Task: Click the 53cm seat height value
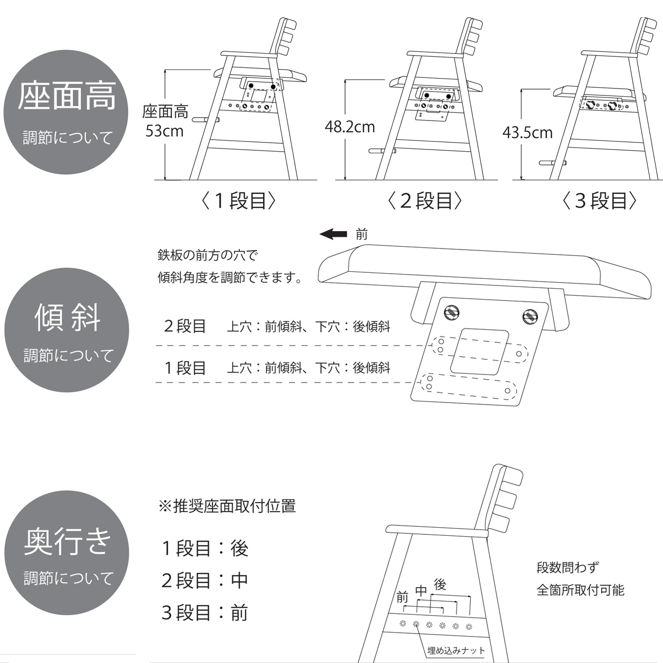[164, 131]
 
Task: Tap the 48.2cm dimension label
[350, 127]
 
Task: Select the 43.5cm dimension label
[527, 133]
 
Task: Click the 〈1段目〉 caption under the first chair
[239, 201]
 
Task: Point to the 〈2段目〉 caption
[424, 201]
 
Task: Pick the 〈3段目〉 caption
[599, 201]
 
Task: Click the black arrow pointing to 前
[333, 234]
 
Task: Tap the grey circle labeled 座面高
[66, 112]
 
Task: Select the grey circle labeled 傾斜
[67, 330]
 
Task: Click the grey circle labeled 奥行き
[67, 552]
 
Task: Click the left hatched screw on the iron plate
[451, 312]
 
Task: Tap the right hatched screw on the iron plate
[530, 316]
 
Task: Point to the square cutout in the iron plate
[479, 352]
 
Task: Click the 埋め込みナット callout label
[456, 651]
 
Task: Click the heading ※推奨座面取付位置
[227, 506]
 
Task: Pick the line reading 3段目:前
[205, 613]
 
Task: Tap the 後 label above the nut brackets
[440, 584]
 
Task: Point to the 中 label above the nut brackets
[421, 591]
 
